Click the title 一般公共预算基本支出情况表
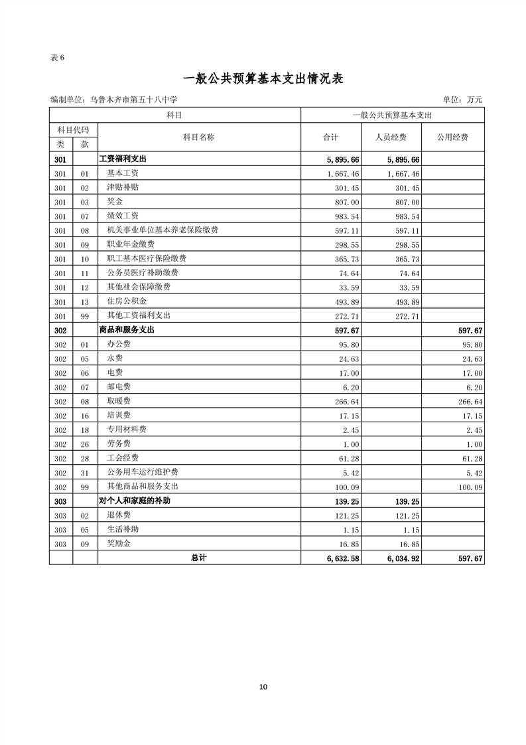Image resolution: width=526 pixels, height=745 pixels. [263, 78]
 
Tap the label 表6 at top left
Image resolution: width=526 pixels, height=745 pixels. [57, 57]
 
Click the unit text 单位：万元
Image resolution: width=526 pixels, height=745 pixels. [463, 100]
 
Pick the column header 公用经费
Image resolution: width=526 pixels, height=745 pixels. [452, 137]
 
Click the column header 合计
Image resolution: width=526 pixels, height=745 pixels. [330, 137]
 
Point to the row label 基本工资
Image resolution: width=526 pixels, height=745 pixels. [123, 173]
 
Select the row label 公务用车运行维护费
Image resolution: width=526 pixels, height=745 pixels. [142, 472]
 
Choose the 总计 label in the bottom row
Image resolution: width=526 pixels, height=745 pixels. [198, 558]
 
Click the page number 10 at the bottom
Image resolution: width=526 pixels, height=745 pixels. [263, 687]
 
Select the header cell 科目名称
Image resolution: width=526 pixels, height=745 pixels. [198, 137]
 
